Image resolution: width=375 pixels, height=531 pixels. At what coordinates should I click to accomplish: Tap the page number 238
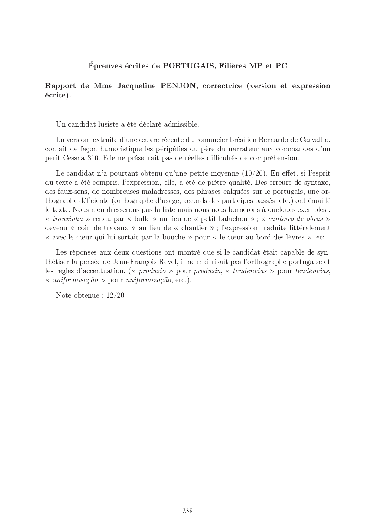[x=187, y=511]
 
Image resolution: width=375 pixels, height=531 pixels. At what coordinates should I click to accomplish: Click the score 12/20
[x=115, y=295]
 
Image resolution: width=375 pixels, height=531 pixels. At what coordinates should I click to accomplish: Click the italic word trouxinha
[x=68, y=219]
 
